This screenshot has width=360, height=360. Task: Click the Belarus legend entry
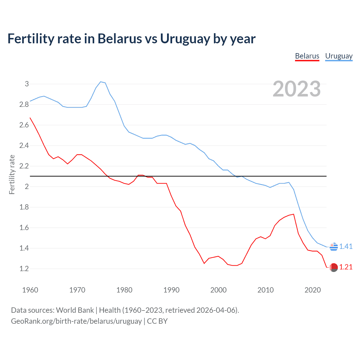pos(307,56)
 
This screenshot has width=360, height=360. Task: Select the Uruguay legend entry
pos(339,56)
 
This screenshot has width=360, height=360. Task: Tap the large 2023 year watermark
pos(297,89)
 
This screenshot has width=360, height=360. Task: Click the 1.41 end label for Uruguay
pos(346,246)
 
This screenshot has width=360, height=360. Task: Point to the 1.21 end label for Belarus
pos(346,267)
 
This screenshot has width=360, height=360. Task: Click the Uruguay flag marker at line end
pos(334,247)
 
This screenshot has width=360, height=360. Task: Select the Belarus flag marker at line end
pos(334,267)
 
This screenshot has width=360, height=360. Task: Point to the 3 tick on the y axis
pos(27,84)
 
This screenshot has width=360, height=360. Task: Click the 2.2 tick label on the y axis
pos(24,166)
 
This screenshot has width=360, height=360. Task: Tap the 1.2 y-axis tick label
pos(24,269)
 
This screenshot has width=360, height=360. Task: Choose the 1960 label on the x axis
pos(30,290)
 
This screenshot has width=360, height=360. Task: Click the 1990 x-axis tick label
pos(171,290)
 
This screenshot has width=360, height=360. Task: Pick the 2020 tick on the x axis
pos(312,290)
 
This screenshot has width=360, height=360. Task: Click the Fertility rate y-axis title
pos(12,174)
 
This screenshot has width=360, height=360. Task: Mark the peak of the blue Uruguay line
pos(101,82)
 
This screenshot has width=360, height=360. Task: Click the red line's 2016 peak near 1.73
pos(294,214)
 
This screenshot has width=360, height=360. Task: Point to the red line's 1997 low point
pos(204,263)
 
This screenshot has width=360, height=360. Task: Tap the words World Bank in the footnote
pos(75,310)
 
